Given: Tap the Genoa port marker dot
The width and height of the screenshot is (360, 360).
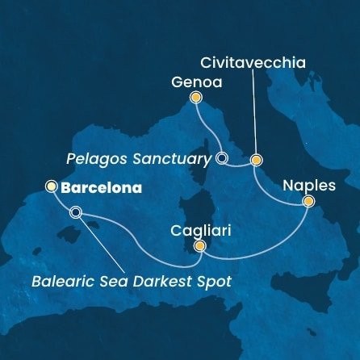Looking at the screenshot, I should (195, 98).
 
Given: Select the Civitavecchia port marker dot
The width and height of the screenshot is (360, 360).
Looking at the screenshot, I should (257, 159).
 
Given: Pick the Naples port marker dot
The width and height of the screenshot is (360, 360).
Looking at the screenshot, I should (308, 203).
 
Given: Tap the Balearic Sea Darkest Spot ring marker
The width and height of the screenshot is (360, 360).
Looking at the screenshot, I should (76, 213).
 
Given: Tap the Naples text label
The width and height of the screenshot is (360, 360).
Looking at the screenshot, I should (310, 186).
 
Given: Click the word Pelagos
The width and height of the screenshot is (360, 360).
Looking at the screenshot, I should (113, 159).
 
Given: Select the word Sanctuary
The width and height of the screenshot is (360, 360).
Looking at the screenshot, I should (177, 159).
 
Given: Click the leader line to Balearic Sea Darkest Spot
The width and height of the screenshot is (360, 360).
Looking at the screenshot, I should (102, 242).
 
